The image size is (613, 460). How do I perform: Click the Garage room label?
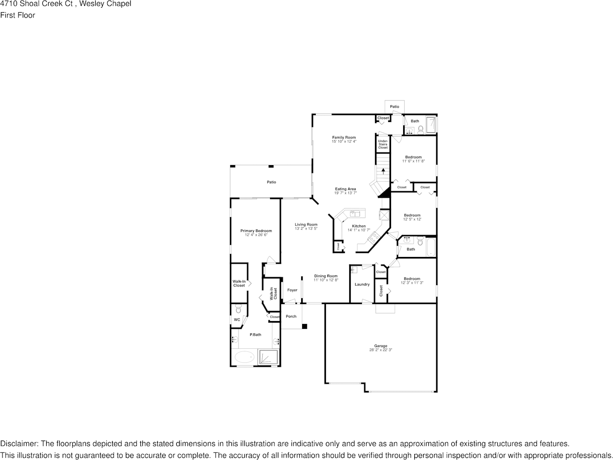pyautogui.click(x=380, y=346)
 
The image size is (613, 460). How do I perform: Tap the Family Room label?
pyautogui.click(x=344, y=137)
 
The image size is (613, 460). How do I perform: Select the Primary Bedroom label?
pyautogui.click(x=256, y=231)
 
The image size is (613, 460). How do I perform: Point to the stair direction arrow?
pyautogui.click(x=383, y=170)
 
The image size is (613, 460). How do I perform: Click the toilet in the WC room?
pyautogui.click(x=238, y=308)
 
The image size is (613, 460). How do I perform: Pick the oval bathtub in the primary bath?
pyautogui.click(x=244, y=358)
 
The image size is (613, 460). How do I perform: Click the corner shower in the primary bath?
pyautogui.click(x=268, y=357)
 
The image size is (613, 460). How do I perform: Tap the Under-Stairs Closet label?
pyautogui.click(x=383, y=144)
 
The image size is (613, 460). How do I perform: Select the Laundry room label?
pyautogui.click(x=362, y=284)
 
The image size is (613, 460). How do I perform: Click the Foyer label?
pyautogui.click(x=292, y=290)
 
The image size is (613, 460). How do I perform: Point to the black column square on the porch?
pyautogui.click(x=305, y=326)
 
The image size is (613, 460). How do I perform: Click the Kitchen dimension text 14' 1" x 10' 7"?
pyautogui.click(x=358, y=230)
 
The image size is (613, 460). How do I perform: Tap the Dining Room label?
pyautogui.click(x=325, y=276)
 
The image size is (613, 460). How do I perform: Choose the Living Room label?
pyautogui.click(x=306, y=224)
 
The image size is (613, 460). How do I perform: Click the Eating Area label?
pyautogui.click(x=345, y=189)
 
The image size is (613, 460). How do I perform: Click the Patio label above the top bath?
pyautogui.click(x=394, y=106)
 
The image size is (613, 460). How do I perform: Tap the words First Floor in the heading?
pyautogui.click(x=17, y=15)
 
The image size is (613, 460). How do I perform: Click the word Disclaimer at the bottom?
pyautogui.click(x=19, y=443)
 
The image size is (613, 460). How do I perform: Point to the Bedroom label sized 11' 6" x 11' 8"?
pyautogui.click(x=413, y=157)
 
